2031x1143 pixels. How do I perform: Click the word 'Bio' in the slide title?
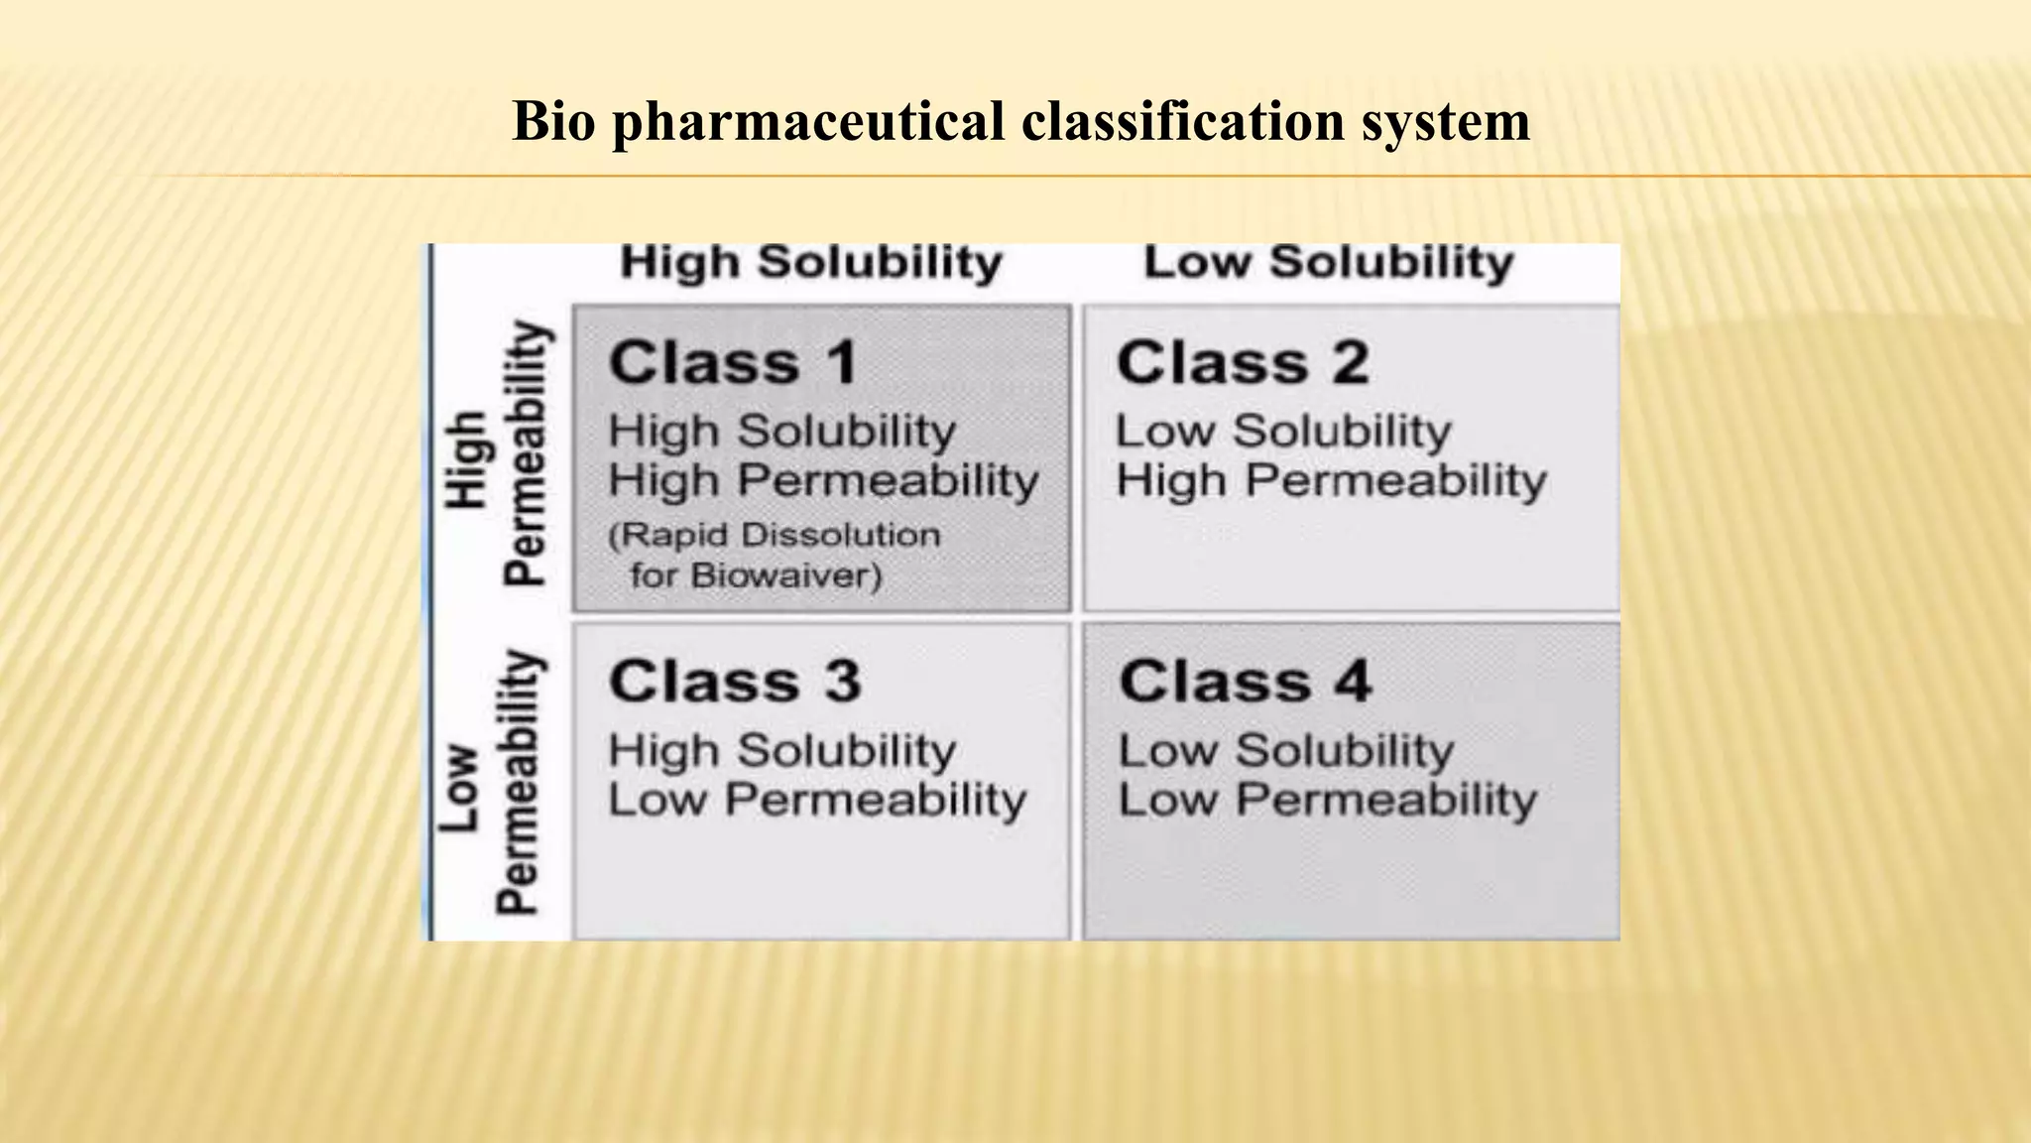[553, 122]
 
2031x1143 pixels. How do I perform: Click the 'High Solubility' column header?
[811, 263]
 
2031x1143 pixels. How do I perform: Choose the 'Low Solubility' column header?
[1329, 263]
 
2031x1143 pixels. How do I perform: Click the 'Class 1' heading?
[734, 362]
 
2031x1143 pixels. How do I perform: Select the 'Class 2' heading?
[1243, 362]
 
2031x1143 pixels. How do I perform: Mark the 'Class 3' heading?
[735, 682]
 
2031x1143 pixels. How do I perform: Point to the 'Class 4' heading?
[1246, 682]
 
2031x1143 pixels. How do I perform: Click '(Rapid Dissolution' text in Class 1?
[775, 536]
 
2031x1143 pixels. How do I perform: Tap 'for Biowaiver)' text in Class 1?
[756, 575]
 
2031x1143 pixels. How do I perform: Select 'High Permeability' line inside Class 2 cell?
[1331, 481]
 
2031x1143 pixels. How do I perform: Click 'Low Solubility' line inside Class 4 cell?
[1286, 750]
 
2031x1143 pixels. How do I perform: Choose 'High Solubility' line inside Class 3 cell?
[782, 750]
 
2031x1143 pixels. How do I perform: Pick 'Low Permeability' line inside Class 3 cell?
[817, 800]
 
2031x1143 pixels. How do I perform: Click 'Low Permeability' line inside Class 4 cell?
[1328, 800]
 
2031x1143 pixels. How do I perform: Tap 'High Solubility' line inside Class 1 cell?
[782, 432]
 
